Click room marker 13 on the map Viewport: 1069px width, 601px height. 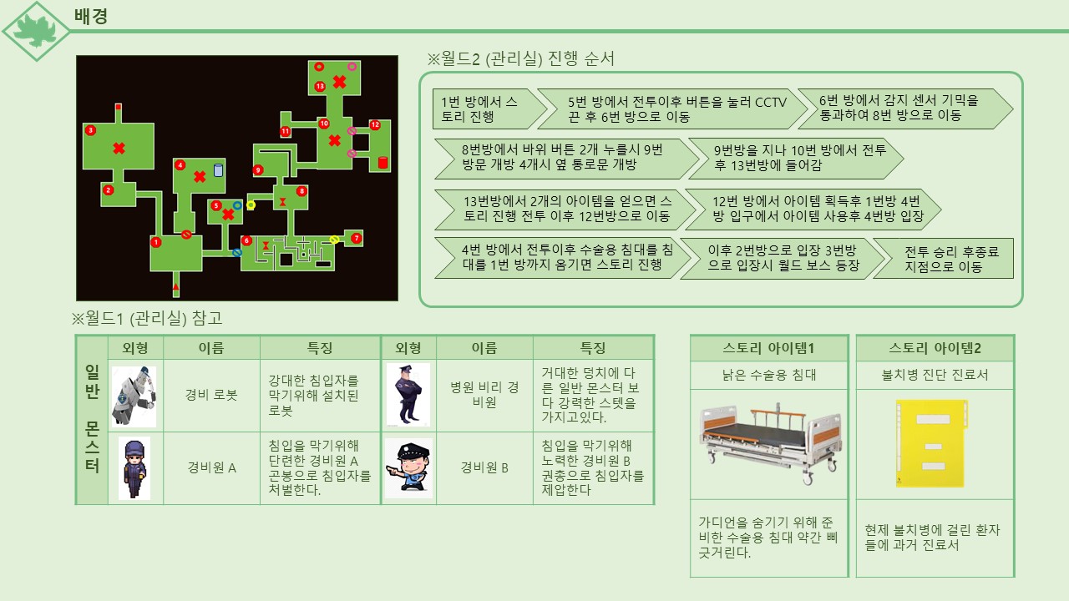(320, 86)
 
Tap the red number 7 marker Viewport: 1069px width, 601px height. (356, 238)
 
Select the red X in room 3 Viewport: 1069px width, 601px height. (119, 149)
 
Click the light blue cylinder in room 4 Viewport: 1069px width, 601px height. (218, 170)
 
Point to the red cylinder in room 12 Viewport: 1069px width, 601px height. (383, 162)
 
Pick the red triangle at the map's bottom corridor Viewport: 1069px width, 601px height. (175, 287)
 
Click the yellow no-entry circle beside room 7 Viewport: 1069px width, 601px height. (335, 240)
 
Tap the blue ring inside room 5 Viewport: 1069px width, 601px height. (237, 205)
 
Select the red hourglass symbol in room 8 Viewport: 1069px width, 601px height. (282, 202)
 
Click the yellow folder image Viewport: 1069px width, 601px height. (931, 443)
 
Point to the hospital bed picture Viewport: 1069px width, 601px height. (769, 442)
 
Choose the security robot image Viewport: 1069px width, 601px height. (134, 396)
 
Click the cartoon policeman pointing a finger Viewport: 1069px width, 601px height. (408, 468)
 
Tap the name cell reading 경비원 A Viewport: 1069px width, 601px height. (211, 467)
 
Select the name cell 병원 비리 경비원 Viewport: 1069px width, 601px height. (484, 395)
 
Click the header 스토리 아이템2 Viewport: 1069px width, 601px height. (935, 348)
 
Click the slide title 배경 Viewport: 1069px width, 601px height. (91, 16)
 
